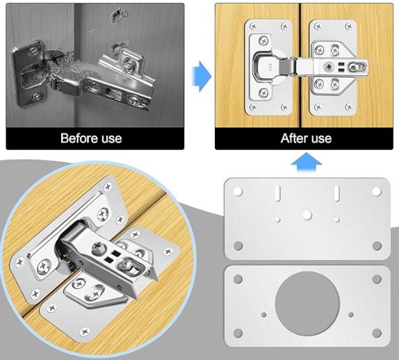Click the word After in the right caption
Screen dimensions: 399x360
293,138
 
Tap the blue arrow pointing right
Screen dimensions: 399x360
202,76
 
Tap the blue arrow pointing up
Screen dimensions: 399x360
307,163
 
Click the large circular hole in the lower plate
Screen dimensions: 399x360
307,304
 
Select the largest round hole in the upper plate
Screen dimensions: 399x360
307,215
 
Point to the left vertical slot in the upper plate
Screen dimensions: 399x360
278,193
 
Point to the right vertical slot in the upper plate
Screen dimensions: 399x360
336,193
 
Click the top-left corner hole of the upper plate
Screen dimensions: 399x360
238,192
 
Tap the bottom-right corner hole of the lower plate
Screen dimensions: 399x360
377,332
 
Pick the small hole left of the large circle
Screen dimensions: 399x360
264,315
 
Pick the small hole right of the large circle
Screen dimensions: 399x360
351,315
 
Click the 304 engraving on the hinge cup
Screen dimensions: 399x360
270,67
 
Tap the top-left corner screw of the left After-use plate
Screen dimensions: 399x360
253,26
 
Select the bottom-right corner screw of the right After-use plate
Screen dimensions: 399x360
350,107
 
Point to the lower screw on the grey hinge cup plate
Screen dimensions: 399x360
36,97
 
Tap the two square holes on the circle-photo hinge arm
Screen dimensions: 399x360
111,256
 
